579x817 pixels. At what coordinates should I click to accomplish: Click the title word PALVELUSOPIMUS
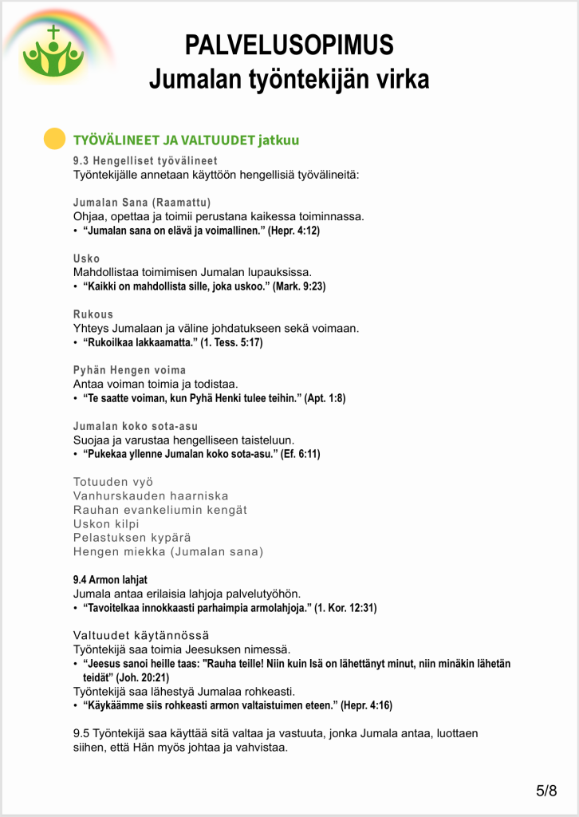tap(289, 45)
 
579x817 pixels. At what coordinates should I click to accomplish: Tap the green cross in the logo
tap(53, 34)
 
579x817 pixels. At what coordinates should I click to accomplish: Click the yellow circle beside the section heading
tap(53, 139)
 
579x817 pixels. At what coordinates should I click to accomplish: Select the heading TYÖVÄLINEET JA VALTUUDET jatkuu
tap(186, 140)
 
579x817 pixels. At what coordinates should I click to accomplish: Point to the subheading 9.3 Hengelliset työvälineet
tap(144, 161)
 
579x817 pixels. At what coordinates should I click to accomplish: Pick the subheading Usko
tap(86, 259)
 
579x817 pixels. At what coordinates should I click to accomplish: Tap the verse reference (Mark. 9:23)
tap(299, 286)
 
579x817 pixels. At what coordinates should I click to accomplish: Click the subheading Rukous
tap(93, 314)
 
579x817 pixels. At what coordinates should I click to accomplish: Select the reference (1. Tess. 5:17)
tap(231, 342)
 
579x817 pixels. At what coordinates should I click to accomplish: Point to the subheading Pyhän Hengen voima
tap(129, 370)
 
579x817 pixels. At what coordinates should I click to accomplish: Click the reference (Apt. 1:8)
tap(325, 398)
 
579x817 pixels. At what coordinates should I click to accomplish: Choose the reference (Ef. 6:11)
tap(301, 454)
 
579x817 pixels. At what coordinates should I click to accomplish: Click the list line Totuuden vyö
tap(113, 482)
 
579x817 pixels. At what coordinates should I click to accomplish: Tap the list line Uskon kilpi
tap(106, 523)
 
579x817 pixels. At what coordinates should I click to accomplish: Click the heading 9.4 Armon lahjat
tap(110, 580)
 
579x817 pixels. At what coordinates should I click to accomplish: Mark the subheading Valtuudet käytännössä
tap(141, 635)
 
